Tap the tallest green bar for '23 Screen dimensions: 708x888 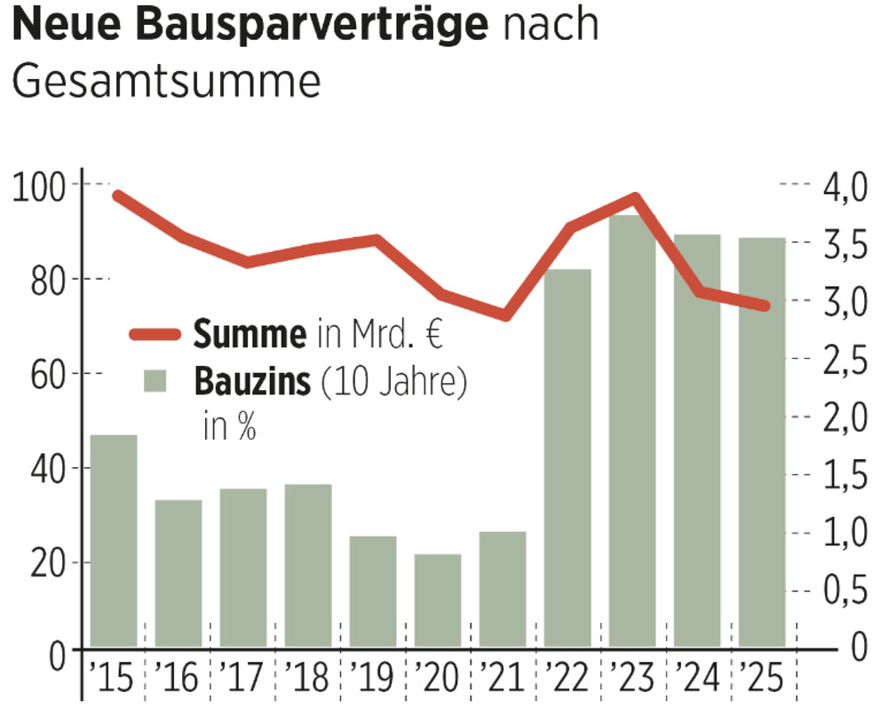[x=632, y=431]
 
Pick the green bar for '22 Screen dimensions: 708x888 [x=567, y=457]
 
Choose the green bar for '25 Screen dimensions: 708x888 [x=762, y=442]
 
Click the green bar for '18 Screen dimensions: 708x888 [x=308, y=565]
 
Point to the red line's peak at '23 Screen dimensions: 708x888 [x=634, y=197]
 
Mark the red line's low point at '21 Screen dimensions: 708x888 [x=504, y=315]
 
